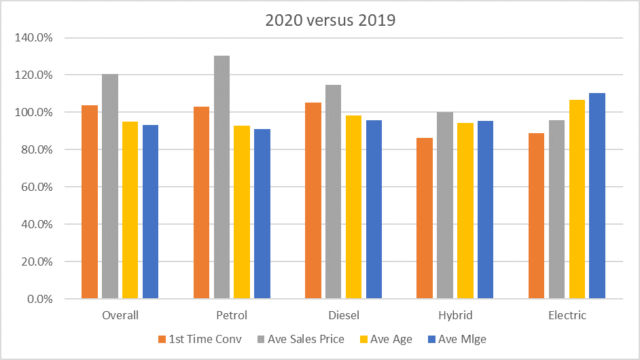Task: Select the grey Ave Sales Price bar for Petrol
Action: coord(221,177)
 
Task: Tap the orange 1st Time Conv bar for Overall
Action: coord(90,202)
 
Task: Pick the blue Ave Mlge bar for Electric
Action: coord(597,196)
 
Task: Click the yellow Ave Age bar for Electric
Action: coord(577,200)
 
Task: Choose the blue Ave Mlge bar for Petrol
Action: coord(262,214)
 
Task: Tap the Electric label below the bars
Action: coord(567,315)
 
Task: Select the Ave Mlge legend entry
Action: coord(462,339)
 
